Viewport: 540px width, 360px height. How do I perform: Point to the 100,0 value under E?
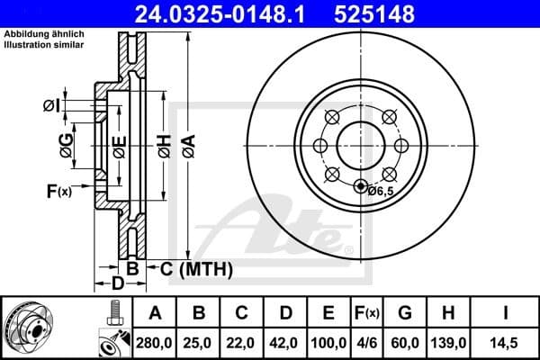point(329,343)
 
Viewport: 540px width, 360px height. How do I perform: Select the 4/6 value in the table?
point(368,343)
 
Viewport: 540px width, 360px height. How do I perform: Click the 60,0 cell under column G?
point(406,343)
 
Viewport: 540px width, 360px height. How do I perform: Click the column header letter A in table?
point(155,313)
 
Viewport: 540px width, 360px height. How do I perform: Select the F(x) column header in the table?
point(368,313)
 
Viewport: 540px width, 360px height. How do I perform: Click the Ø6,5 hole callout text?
point(382,191)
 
